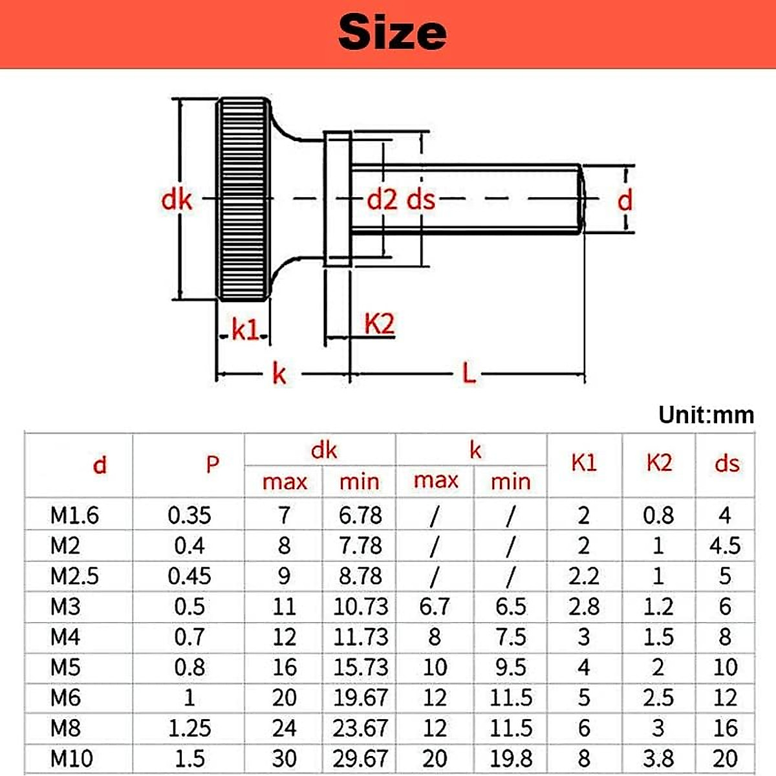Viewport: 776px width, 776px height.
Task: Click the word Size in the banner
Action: pyautogui.click(x=392, y=32)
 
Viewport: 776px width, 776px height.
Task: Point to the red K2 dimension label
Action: pyautogui.click(x=379, y=324)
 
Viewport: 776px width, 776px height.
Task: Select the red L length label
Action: pyautogui.click(x=469, y=373)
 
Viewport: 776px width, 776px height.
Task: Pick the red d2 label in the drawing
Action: pyautogui.click(x=382, y=200)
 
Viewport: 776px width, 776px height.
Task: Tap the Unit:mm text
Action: pyautogui.click(x=706, y=415)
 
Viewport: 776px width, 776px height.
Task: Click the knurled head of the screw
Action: pyautogui.click(x=242, y=199)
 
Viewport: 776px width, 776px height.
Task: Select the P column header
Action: pyautogui.click(x=212, y=464)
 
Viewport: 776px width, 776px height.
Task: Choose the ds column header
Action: pyautogui.click(x=726, y=464)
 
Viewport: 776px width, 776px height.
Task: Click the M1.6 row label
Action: pyautogui.click(x=74, y=515)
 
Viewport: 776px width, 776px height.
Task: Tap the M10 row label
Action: pyautogui.click(x=71, y=758)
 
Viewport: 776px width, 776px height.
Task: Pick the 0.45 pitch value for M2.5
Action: pyautogui.click(x=189, y=576)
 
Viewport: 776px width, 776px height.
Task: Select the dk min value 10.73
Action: pyautogui.click(x=360, y=607)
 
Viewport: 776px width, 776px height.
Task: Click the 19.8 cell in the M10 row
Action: pyautogui.click(x=510, y=758)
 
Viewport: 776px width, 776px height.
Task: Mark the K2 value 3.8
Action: pyautogui.click(x=658, y=758)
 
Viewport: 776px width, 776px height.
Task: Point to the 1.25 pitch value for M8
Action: pyautogui.click(x=189, y=728)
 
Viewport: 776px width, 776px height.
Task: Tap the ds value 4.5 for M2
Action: pyautogui.click(x=725, y=546)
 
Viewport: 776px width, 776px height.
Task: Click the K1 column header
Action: pyautogui.click(x=584, y=463)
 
